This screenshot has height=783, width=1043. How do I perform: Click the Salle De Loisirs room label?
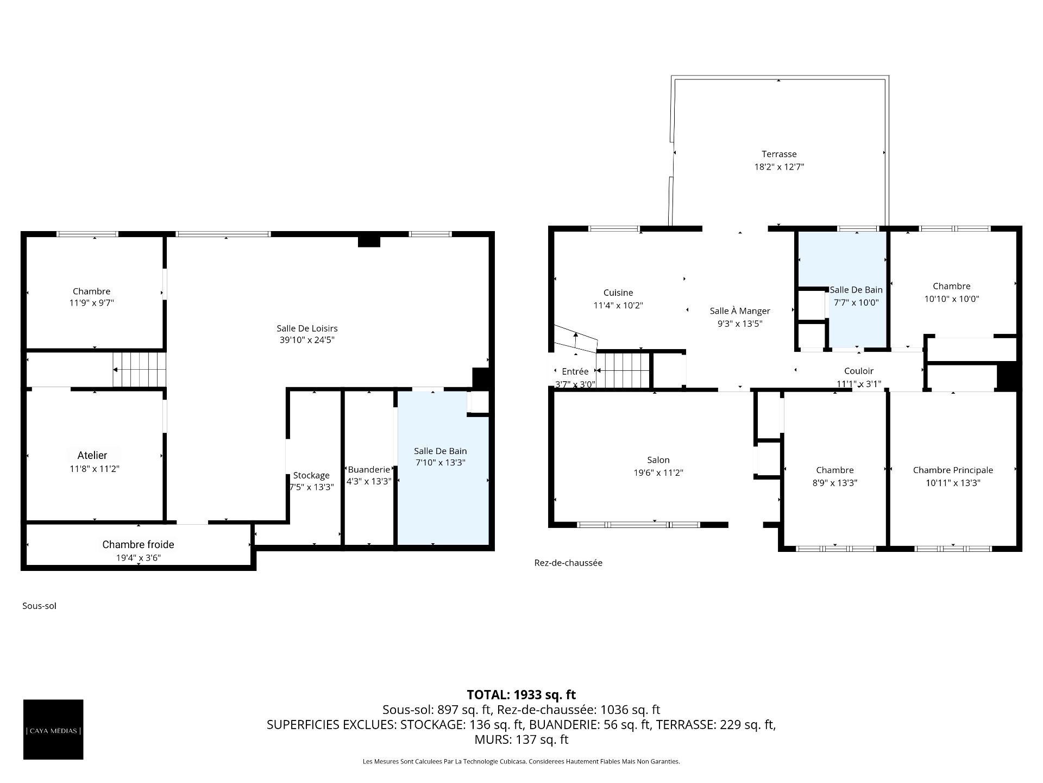click(x=307, y=328)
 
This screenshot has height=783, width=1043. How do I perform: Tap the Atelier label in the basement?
click(x=92, y=456)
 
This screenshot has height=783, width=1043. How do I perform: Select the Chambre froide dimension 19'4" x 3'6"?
click(x=139, y=558)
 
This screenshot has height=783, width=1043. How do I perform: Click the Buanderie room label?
click(x=369, y=470)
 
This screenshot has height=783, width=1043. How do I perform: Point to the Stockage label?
click(x=311, y=476)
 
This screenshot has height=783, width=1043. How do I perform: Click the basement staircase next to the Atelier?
click(x=139, y=370)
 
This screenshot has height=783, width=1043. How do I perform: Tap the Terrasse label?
click(x=779, y=154)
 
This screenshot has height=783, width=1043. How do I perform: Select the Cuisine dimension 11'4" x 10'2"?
click(x=618, y=306)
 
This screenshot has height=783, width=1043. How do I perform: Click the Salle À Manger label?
click(x=740, y=311)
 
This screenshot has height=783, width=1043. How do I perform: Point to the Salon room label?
click(x=658, y=460)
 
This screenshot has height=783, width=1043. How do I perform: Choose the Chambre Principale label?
click(x=953, y=470)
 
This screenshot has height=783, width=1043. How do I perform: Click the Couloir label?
click(x=859, y=371)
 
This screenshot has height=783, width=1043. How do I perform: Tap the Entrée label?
click(x=575, y=371)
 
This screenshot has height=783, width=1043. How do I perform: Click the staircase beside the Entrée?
click(x=623, y=370)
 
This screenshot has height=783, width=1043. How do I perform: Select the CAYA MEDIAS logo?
click(x=53, y=729)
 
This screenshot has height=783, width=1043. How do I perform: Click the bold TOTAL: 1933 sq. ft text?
click(x=521, y=694)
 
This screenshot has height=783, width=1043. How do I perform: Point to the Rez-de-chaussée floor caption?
click(x=568, y=563)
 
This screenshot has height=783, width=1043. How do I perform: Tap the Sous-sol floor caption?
click(x=39, y=606)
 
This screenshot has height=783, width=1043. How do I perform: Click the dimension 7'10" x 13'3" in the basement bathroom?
click(x=441, y=463)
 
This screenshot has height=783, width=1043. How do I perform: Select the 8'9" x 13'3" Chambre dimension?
click(x=835, y=483)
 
